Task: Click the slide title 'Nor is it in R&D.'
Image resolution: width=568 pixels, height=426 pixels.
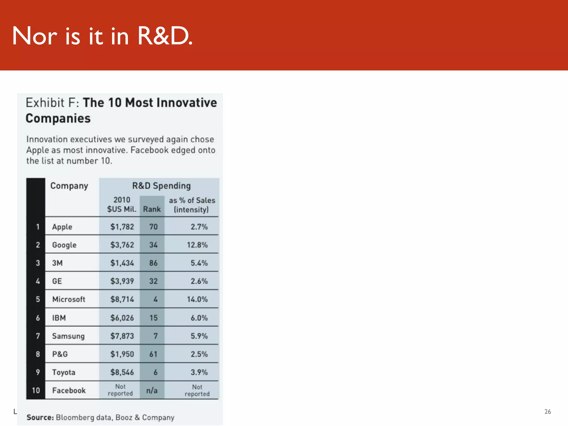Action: tap(102, 36)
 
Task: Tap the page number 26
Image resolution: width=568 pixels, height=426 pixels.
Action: tap(547, 412)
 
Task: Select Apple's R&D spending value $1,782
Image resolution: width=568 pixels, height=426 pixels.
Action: tap(122, 227)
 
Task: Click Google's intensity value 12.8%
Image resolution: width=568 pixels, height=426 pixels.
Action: tap(197, 245)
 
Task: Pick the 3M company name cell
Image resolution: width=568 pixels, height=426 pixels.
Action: tap(57, 263)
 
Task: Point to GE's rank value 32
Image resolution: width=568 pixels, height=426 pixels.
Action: tap(153, 281)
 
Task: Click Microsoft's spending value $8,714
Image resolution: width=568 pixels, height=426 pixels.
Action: tap(122, 299)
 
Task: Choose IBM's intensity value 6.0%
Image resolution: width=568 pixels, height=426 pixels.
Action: tap(199, 318)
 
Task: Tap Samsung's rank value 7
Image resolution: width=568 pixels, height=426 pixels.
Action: tap(155, 336)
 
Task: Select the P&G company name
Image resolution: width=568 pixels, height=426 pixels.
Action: tap(60, 354)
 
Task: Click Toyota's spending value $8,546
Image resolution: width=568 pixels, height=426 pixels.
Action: tap(122, 372)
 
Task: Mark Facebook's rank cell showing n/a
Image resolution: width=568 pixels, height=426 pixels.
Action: tap(152, 390)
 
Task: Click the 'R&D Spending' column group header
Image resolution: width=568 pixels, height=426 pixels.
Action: tap(161, 186)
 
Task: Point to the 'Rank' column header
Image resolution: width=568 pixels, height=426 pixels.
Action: tap(152, 209)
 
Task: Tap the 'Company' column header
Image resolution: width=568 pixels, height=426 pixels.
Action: tap(69, 186)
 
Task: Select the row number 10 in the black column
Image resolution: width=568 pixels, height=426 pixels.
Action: tap(36, 390)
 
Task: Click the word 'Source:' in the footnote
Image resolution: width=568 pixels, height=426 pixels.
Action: tap(40, 417)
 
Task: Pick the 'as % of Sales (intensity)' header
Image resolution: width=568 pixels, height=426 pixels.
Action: tap(192, 205)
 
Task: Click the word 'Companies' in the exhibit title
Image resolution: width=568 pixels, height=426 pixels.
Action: tap(58, 118)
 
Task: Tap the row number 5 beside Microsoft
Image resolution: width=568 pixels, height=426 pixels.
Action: tap(38, 299)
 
